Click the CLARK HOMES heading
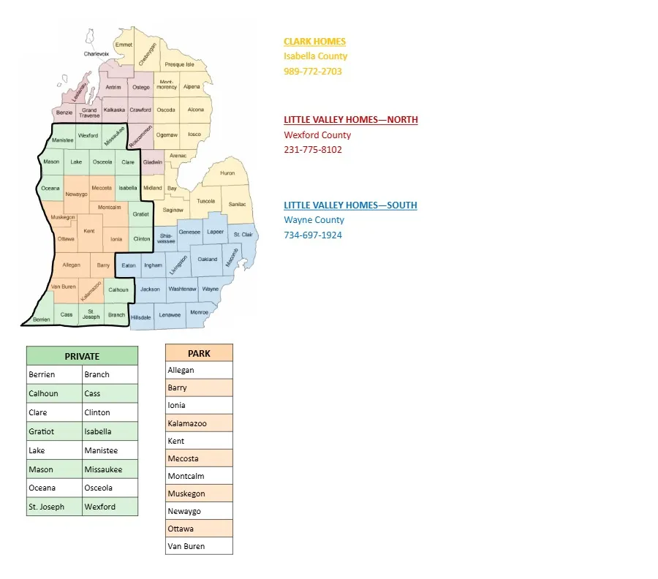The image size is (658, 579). [314, 42]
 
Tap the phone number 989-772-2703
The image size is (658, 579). [312, 72]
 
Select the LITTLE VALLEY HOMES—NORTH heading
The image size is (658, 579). [350, 120]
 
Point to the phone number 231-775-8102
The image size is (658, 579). [312, 150]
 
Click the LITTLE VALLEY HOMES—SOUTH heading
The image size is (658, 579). [350, 205]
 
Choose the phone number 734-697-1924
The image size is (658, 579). [312, 235]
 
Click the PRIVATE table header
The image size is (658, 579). [82, 356]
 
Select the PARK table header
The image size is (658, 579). [199, 353]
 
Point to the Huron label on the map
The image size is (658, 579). [227, 173]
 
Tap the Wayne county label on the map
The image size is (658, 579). [210, 289]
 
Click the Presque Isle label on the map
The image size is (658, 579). [179, 64]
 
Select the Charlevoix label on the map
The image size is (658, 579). [96, 53]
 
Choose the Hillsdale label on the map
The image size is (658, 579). [140, 317]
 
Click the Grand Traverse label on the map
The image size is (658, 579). [89, 113]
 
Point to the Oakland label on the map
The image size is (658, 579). [208, 260]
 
